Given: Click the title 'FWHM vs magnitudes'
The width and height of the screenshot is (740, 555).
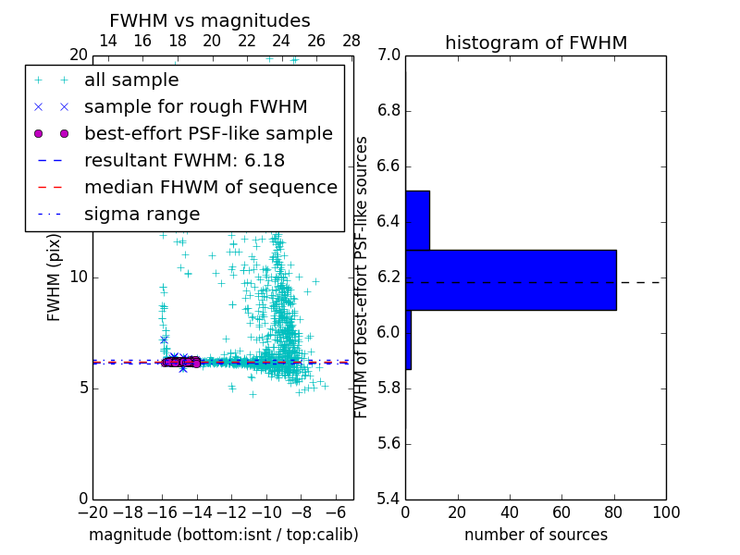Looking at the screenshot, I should pyautogui.click(x=210, y=20).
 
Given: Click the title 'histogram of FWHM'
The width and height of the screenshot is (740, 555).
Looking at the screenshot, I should pyautogui.click(x=536, y=43).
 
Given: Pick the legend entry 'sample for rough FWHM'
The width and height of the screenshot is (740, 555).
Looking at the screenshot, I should pyautogui.click(x=195, y=107).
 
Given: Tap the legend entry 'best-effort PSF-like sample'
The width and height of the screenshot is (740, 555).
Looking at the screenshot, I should pyautogui.click(x=208, y=134).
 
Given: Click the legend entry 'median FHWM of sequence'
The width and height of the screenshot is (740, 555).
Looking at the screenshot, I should pyautogui.click(x=210, y=187).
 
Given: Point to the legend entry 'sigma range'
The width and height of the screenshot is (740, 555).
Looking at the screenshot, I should pyautogui.click(x=142, y=214).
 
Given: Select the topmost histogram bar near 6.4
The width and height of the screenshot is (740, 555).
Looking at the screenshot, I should pyautogui.click(x=417, y=220).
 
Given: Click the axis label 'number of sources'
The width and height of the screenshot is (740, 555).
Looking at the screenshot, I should pyautogui.click(x=536, y=535).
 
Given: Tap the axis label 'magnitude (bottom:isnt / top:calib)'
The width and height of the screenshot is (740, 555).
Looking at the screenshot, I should pyautogui.click(x=223, y=535).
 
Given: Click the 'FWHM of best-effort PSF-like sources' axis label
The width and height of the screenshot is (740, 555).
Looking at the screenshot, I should pyautogui.click(x=362, y=277).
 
